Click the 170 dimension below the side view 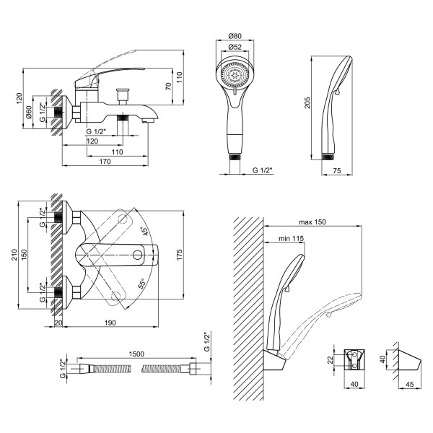[104, 162]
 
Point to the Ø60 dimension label [28, 114]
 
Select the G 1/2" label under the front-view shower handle [265, 170]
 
